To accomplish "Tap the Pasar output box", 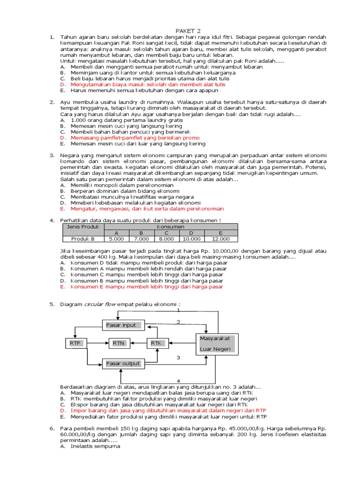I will click(123, 363).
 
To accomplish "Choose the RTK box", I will click(156, 344).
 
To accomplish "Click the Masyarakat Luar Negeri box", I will click(217, 344).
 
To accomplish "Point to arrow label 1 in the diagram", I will click(178, 310).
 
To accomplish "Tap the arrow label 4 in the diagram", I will click(178, 380).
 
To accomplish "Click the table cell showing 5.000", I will click(116, 239).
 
